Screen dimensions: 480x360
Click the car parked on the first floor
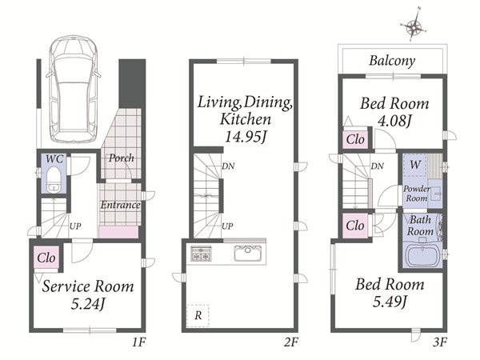coord(74,90)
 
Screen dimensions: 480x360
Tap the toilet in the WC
coord(54,179)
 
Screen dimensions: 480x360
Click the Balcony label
coord(392,61)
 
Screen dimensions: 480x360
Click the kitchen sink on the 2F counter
coord(247,253)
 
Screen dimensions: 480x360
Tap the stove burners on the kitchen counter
coord(201,253)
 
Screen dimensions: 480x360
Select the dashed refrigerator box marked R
coord(198,316)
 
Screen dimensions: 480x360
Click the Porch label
coord(122,158)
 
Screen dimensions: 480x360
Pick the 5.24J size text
coord(88,304)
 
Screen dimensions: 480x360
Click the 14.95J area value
coord(245,137)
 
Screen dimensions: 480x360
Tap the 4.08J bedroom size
coord(394,121)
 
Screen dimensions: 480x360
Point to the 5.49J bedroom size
coord(390,302)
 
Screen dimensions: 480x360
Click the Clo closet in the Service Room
coord(46,258)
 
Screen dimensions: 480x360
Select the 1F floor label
coord(139,342)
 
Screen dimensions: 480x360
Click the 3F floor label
coord(440,342)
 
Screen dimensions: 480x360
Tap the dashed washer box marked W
coord(415,165)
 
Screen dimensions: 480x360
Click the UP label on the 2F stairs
coord(227,226)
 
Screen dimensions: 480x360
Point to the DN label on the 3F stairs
coord(377,166)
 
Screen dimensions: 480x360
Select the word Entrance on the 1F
coord(120,205)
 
